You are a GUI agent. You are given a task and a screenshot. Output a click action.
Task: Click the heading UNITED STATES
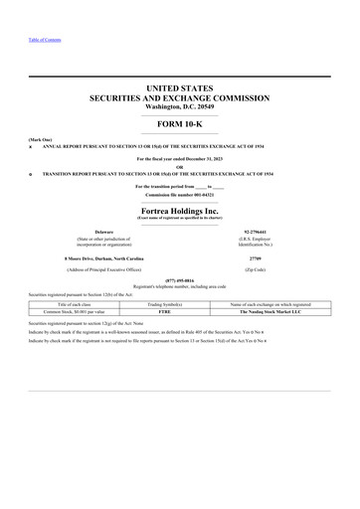point(180,88)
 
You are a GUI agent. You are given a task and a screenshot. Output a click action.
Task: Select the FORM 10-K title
point(180,123)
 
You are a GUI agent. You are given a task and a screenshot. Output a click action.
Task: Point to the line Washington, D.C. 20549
point(180,107)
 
